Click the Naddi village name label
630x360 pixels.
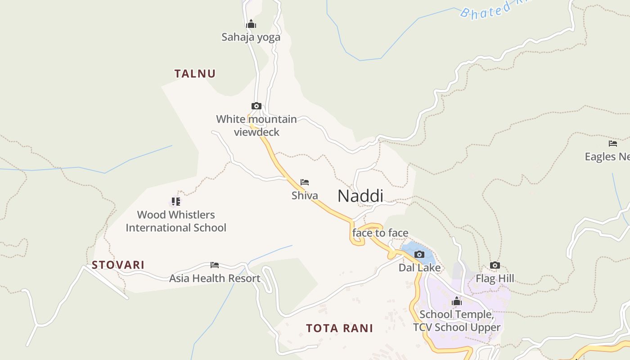360,196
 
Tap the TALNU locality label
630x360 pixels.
195,74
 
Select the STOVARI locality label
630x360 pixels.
118,265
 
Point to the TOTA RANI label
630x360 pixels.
339,328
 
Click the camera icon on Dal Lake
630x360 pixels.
419,255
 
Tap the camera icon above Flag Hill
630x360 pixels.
495,265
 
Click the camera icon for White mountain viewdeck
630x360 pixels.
256,106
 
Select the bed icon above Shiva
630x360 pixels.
305,182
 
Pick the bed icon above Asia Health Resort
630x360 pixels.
215,265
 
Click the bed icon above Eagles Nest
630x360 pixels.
613,144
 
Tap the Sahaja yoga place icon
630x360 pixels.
251,24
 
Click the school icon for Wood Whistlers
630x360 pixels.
175,201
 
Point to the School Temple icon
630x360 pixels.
457,301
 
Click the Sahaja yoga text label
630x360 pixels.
251,37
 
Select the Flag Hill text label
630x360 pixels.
495,279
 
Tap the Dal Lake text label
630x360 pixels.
419,268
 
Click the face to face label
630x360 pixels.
380,233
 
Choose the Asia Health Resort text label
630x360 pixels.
215,279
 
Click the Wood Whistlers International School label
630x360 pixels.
176,221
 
